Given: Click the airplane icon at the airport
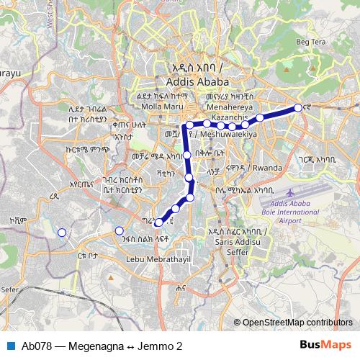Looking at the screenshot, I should pyautogui.click(x=290, y=194).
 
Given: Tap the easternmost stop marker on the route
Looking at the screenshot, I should pyautogui.click(x=297, y=109).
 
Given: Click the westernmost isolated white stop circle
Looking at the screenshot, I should pyautogui.click(x=62, y=232).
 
